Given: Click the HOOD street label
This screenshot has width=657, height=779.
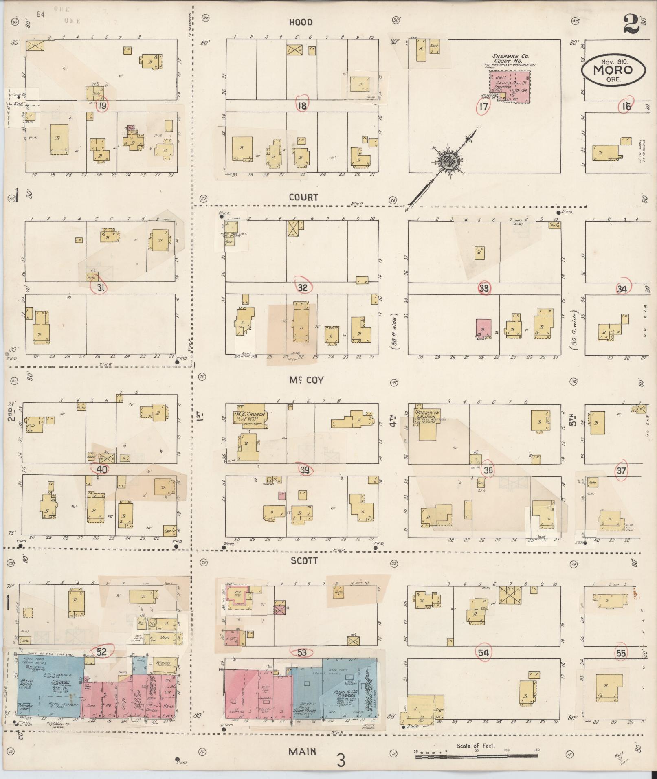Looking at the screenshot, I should click(x=301, y=22).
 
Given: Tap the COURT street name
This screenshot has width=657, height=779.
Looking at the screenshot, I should click(x=303, y=197).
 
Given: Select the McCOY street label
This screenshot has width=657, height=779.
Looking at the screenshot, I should click(x=306, y=380).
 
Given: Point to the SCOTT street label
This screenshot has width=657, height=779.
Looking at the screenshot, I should click(x=304, y=561).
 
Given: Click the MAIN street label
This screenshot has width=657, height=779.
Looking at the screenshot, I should click(x=302, y=752).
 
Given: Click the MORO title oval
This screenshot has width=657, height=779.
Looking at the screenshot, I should click(x=613, y=70).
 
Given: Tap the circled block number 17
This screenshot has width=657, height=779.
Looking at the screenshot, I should click(x=483, y=107).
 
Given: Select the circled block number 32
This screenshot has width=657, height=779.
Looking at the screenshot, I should click(x=302, y=287).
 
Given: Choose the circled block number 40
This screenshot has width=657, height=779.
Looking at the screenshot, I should click(x=102, y=469).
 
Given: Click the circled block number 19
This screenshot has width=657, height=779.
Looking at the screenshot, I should click(x=103, y=105).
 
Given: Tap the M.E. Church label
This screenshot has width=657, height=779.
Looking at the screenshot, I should click(x=250, y=415).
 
